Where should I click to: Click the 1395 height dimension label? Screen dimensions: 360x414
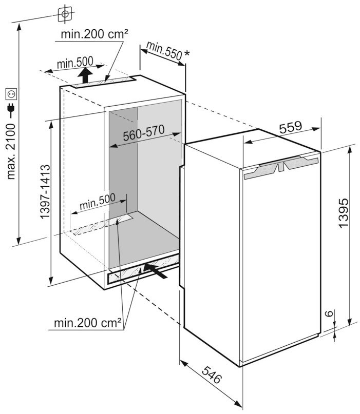343,212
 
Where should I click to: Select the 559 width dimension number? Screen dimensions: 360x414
291,127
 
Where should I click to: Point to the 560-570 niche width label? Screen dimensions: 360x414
144,133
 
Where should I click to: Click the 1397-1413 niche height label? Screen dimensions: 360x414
45,192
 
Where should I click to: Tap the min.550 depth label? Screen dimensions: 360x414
164,51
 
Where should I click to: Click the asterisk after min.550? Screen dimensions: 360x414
186,53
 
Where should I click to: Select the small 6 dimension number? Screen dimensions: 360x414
328,313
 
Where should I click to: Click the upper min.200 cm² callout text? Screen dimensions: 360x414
94,34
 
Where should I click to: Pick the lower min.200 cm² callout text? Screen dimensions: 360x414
87,323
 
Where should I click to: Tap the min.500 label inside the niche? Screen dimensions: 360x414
98,202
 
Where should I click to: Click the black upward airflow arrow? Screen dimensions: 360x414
85,75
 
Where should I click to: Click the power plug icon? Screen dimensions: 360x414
11,110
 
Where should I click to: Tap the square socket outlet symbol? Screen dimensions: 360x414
11,94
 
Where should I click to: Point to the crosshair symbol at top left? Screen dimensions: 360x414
65,13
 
